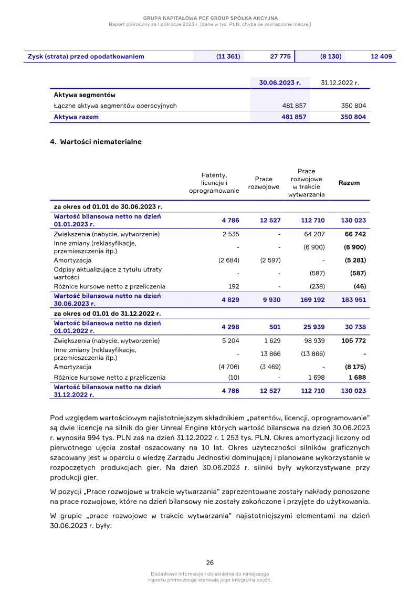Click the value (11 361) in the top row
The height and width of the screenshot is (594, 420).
coord(228,56)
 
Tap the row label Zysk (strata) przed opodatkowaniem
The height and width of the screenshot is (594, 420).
coord(86,56)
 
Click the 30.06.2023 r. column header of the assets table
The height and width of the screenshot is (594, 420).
coord(280,82)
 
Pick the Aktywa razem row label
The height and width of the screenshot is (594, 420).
coord(76,117)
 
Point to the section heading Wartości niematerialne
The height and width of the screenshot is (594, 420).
coord(101,142)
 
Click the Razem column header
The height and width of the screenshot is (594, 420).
coord(349,183)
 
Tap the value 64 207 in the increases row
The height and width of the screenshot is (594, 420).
coord(314,234)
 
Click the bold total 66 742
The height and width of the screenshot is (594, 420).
coord(355,234)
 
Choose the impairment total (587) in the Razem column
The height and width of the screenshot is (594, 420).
coord(358,273)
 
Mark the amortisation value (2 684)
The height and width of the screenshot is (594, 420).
coord(228,260)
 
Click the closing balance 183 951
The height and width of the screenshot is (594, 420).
coord(353,299)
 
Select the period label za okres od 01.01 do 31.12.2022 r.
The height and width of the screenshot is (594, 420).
coord(107,314)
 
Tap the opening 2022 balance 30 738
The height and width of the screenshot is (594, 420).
coord(355,327)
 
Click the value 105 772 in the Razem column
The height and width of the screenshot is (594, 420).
coord(353,341)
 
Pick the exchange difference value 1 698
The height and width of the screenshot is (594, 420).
coord(316,377)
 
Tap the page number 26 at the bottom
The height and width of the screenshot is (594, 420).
coord(210,562)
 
